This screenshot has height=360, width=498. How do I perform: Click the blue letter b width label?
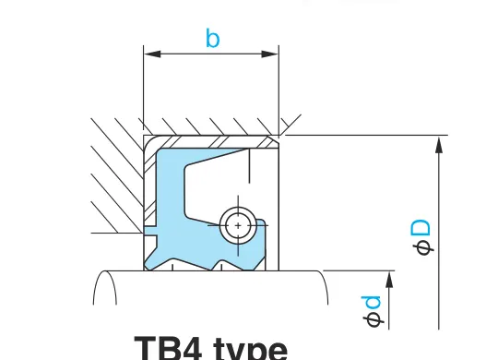pos(212,38)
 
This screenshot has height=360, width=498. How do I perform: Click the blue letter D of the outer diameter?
pos(421,228)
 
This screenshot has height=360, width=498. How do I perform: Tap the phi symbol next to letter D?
pos(423,247)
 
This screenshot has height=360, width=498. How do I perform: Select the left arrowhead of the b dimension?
pos(152,54)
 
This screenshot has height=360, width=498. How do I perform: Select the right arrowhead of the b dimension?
pos(270,54)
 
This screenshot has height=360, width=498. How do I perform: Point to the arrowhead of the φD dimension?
pos(439,145)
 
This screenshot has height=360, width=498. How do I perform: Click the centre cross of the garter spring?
pos(238,225)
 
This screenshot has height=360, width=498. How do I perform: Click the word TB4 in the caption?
pos(169,348)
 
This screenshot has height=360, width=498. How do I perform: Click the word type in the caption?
pos(251,349)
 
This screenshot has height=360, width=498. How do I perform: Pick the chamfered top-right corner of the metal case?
pos(274,141)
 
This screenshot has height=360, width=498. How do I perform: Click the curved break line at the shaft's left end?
pos(105,287)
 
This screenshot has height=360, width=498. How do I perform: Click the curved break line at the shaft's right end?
pos(324,287)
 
